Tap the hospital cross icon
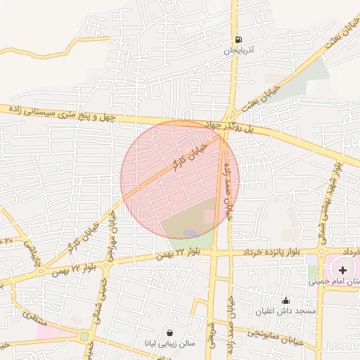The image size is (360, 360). tap(342, 270)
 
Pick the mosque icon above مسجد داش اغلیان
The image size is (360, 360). tap(286, 300)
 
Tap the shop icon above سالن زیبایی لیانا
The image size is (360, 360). tap(170, 332)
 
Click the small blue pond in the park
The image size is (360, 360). tap(191, 233)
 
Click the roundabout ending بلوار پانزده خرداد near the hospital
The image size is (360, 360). tap(323, 251)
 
